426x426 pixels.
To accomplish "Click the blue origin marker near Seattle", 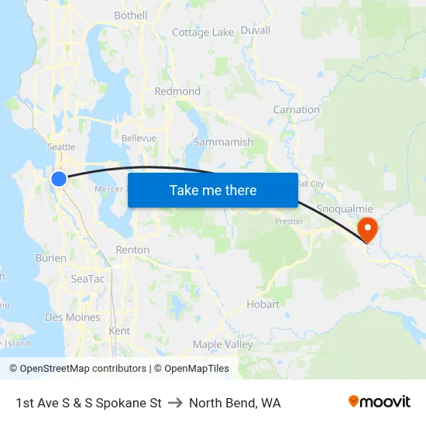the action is pyautogui.click(x=59, y=179).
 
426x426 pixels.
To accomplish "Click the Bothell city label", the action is pyautogui.click(x=130, y=15).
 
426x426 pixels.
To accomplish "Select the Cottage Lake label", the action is pyautogui.click(x=202, y=33).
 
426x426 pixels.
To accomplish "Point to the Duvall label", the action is pyautogui.click(x=256, y=30).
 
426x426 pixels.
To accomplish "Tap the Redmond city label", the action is pyautogui.click(x=177, y=91).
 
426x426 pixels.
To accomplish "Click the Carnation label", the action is pyautogui.click(x=296, y=110).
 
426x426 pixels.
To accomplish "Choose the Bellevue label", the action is pyautogui.click(x=139, y=138).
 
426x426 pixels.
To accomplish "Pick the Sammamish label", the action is pyautogui.click(x=223, y=143).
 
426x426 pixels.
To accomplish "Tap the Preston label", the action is pyautogui.click(x=289, y=222).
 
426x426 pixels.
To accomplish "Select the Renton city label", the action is pyautogui.click(x=132, y=250).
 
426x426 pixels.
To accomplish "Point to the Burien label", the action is pyautogui.click(x=50, y=258).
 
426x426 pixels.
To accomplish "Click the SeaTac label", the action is pyautogui.click(x=84, y=278).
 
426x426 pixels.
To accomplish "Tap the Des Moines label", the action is pyautogui.click(x=73, y=318).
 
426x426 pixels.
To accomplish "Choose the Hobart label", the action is pyautogui.click(x=263, y=304).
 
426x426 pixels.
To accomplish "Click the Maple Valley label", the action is pyautogui.click(x=222, y=345).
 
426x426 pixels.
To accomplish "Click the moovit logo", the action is pyautogui.click(x=380, y=402).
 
